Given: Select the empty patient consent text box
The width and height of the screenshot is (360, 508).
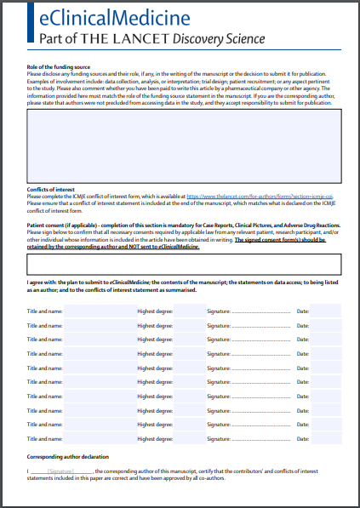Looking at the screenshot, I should point(183,264).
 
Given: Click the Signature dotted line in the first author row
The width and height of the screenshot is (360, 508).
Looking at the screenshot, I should point(260,311).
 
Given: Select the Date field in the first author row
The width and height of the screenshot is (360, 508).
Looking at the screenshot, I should point(325,311).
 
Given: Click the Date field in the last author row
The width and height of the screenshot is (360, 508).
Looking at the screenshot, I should point(325,438).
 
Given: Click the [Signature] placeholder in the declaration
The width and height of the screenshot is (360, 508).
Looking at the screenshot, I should point(60,471).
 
